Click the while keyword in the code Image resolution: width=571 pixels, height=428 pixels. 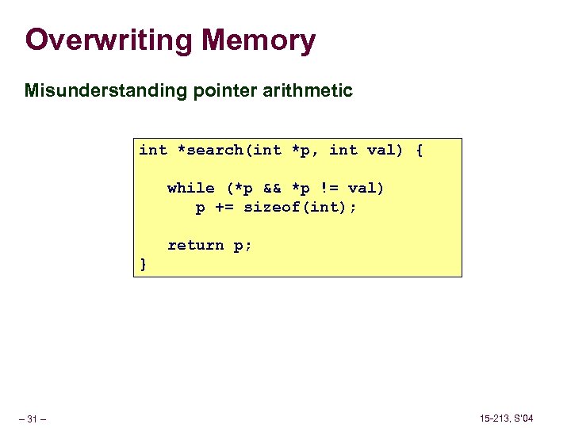[x=190, y=188]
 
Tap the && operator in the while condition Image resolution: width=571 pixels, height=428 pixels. [x=271, y=188]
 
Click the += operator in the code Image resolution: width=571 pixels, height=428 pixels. [x=224, y=208]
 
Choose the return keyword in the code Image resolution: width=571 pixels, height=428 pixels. [x=195, y=246]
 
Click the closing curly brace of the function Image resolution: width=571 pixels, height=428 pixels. [x=143, y=264]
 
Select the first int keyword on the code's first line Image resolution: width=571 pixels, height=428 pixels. [x=153, y=151]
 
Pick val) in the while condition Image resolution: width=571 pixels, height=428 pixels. [x=365, y=188]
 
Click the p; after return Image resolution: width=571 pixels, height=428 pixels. [x=243, y=246]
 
